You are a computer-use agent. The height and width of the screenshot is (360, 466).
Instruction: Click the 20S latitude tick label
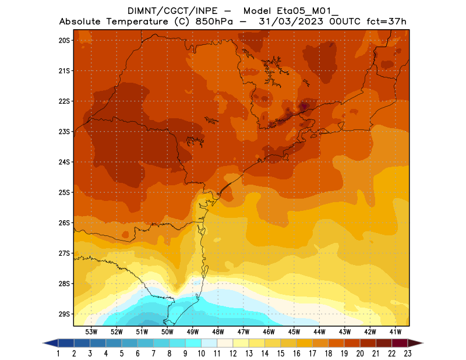pos(64,40)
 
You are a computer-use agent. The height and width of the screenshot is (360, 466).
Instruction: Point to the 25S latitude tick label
pos(64,192)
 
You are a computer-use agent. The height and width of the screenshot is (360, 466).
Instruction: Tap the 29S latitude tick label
pos(64,314)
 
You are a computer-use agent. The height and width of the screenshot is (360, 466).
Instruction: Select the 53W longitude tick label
pos(91,331)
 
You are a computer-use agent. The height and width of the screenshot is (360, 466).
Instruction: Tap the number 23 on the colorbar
pos(408,354)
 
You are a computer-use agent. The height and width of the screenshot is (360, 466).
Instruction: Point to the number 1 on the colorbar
pos(59,354)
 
